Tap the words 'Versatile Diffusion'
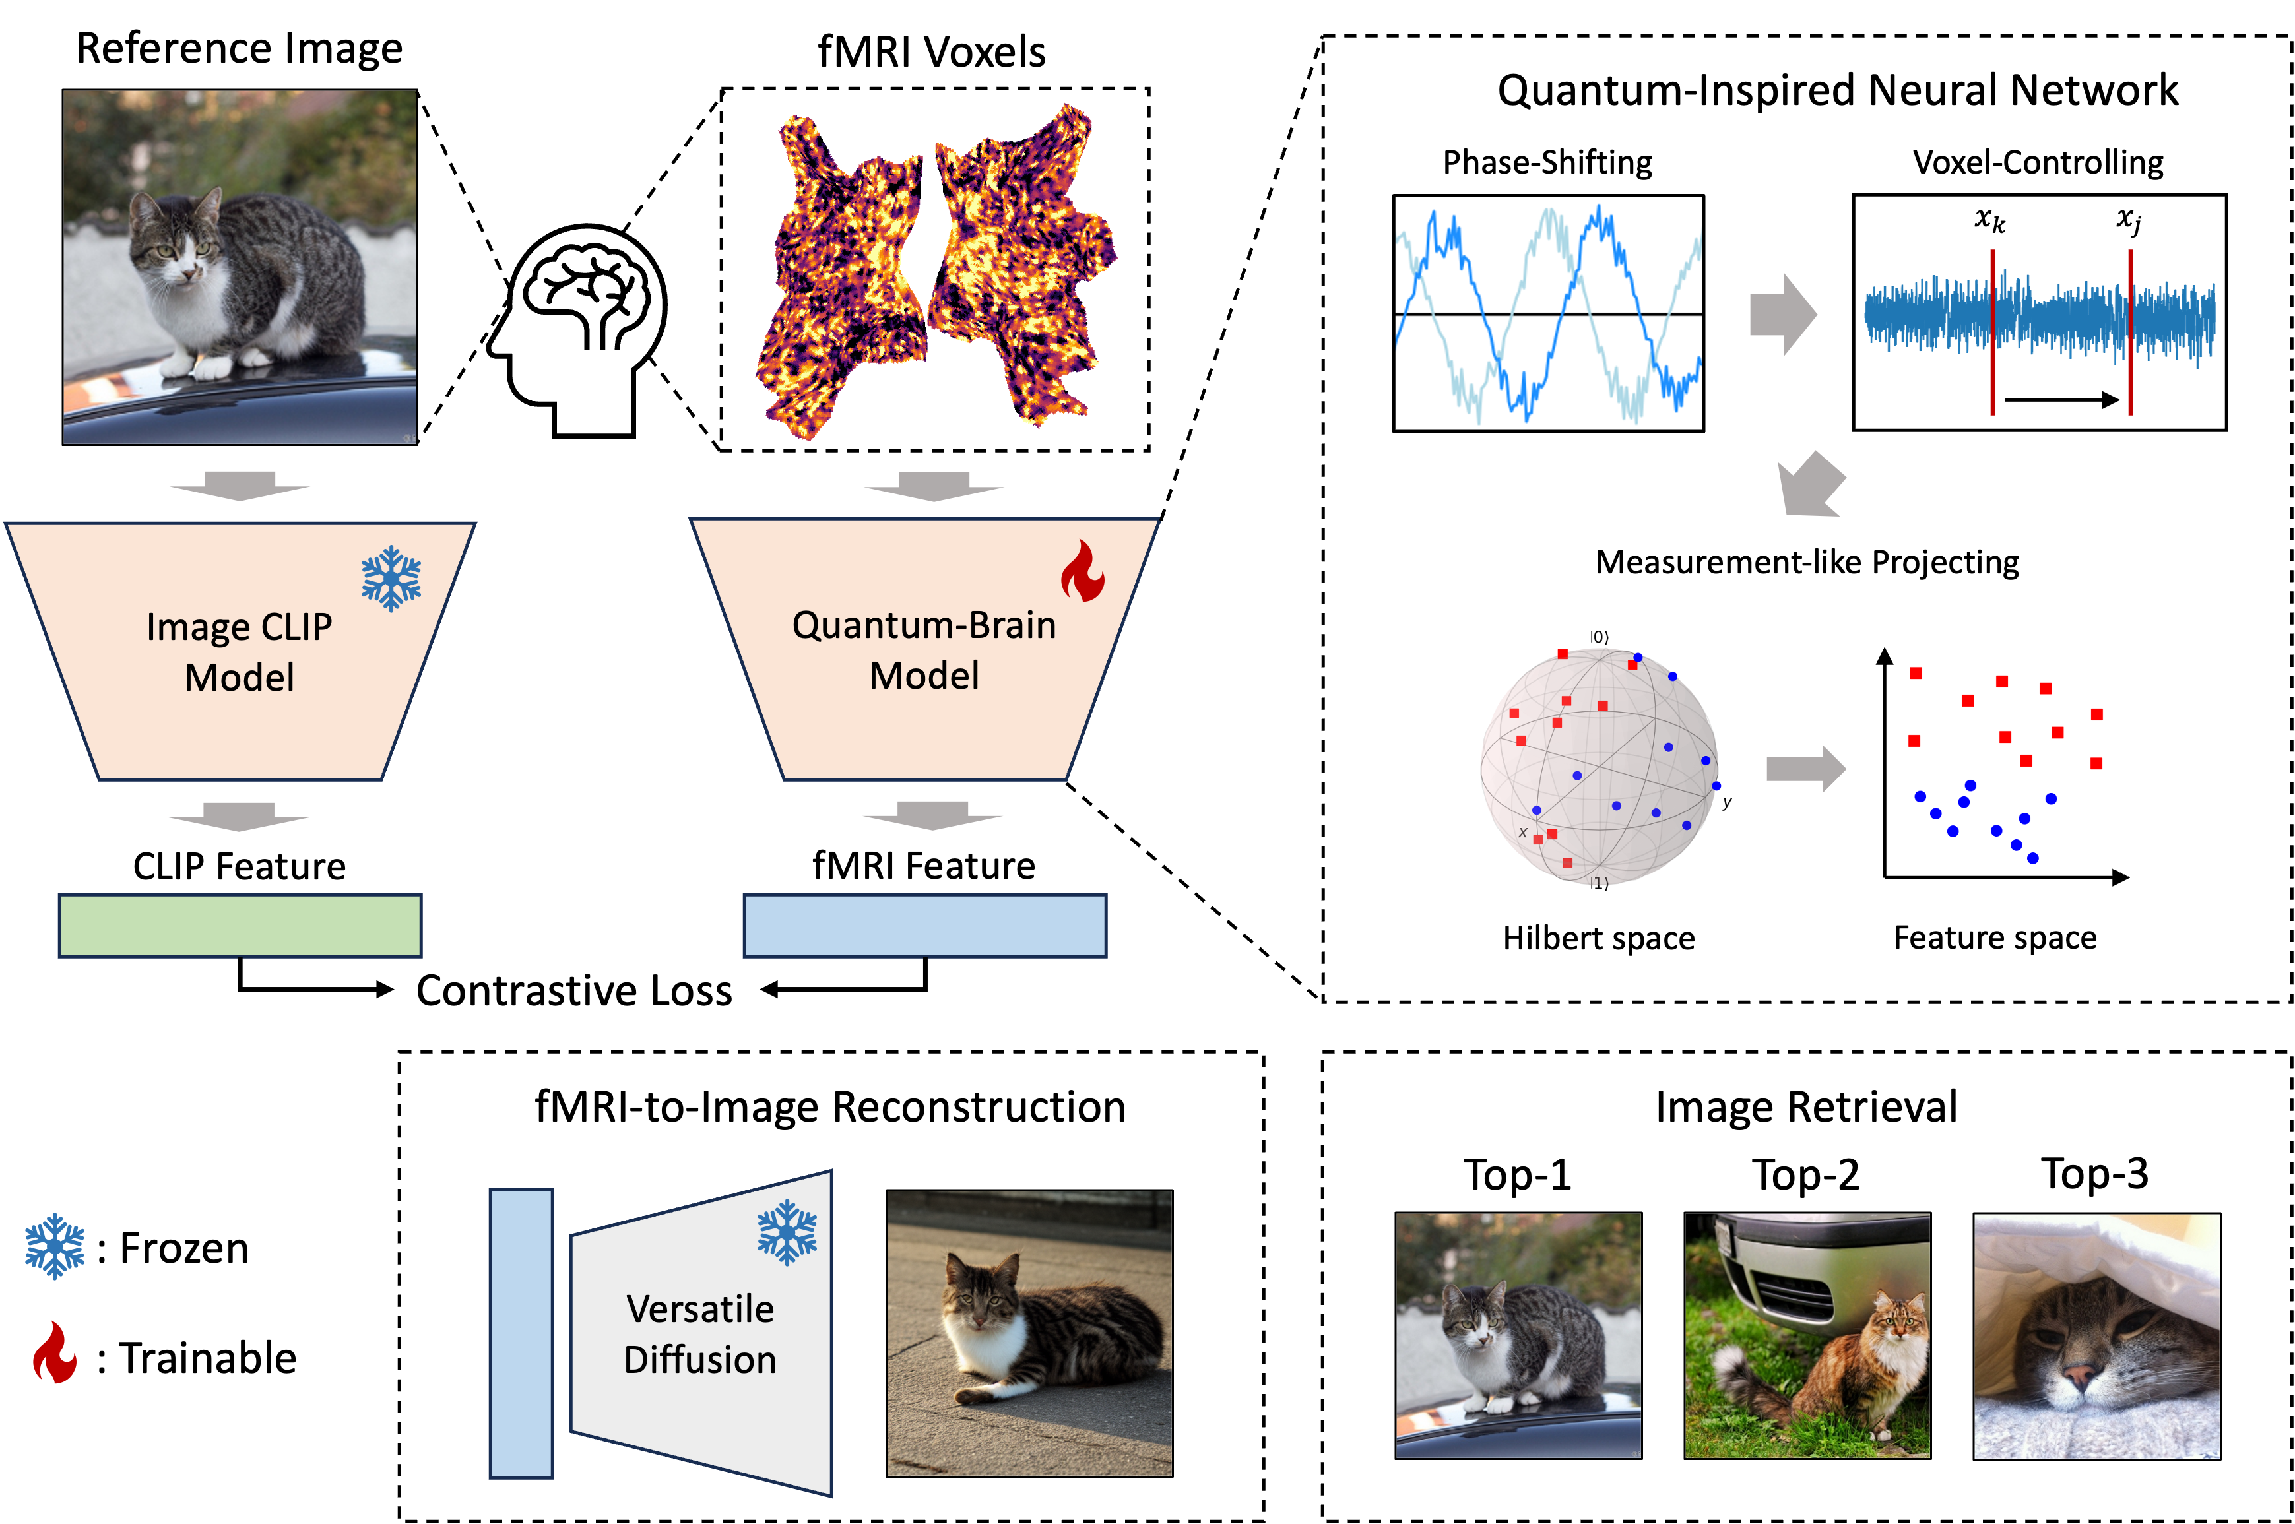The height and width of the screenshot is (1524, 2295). pyautogui.click(x=700, y=1333)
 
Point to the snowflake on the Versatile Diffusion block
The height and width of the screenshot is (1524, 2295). pyautogui.click(x=787, y=1232)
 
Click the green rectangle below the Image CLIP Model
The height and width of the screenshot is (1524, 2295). pyautogui.click(x=240, y=925)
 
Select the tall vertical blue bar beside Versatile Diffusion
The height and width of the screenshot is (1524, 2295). pyautogui.click(x=521, y=1333)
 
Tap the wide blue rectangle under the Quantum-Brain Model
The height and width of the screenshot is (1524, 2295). pyautogui.click(x=924, y=925)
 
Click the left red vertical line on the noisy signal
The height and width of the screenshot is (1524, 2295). pyautogui.click(x=1993, y=333)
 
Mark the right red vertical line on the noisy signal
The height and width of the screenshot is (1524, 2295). pyautogui.click(x=2130, y=333)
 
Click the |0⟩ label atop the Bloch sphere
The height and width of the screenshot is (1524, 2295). pyautogui.click(x=1599, y=637)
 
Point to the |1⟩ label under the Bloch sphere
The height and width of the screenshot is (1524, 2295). pyautogui.click(x=1599, y=883)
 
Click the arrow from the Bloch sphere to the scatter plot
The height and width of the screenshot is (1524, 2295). pyautogui.click(x=1805, y=769)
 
